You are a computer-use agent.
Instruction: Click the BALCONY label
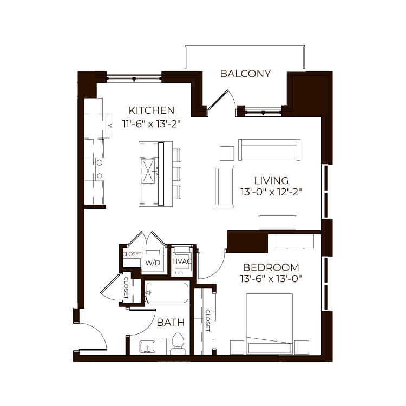point(245,74)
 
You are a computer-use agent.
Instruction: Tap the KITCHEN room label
point(152,110)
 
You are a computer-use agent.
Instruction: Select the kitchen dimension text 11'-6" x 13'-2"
point(151,124)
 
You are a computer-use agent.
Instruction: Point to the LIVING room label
point(271,180)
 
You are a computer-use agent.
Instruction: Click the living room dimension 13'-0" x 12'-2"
point(271,192)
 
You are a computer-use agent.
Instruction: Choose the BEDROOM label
point(271,267)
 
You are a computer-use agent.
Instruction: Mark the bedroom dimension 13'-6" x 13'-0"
point(271,279)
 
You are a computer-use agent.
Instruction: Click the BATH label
point(171,323)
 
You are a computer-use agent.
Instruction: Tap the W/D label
point(153,263)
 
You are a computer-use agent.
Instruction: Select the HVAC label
point(182,261)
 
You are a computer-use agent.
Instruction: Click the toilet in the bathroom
point(178,344)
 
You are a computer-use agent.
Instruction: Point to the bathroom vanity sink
point(147,347)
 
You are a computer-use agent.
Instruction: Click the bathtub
point(167,293)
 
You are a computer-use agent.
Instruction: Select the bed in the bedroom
point(269,324)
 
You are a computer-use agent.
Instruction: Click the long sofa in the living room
point(269,150)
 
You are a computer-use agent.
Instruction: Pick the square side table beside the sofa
point(227,153)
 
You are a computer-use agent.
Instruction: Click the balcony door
point(218,100)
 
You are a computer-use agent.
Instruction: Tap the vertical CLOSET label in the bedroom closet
point(208,320)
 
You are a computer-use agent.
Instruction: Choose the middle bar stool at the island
point(176,173)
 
